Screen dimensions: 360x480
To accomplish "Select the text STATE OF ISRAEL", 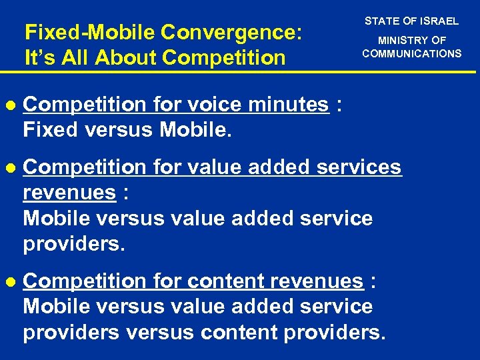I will click(411, 21).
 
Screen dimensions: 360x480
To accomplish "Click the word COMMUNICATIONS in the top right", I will click(411, 53).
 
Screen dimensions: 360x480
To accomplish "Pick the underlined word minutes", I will click(288, 105).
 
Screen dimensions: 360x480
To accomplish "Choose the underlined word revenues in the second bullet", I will click(69, 193).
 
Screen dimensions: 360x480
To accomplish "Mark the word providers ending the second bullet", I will click(73, 244).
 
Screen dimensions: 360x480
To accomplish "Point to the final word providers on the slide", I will click(333, 332).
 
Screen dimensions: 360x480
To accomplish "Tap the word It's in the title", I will click(37, 58).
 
